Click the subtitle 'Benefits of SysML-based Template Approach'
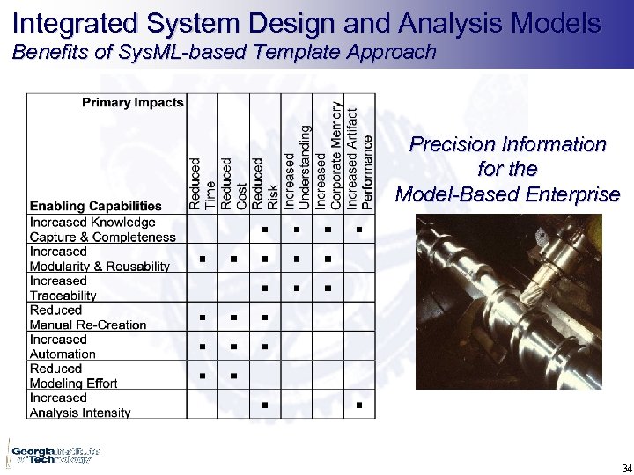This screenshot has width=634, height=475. [224, 53]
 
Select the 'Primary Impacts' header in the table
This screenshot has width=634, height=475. [133, 103]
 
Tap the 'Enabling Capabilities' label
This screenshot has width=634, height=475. [96, 206]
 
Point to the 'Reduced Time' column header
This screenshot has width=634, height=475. [202, 183]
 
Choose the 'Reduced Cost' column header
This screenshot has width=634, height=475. [233, 183]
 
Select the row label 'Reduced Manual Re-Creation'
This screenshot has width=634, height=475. [88, 318]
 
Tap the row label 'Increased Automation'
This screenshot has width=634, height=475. [63, 347]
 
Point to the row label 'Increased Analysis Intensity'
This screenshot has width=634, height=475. [80, 405]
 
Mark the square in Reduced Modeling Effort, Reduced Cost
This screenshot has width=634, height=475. [233, 376]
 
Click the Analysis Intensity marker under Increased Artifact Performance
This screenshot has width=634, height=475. [359, 405]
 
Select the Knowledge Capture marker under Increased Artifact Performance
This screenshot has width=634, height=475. [359, 230]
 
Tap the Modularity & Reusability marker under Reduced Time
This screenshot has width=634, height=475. [202, 259]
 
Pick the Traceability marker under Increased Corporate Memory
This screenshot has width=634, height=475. [328, 289]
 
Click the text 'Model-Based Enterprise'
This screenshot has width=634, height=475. [507, 194]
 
